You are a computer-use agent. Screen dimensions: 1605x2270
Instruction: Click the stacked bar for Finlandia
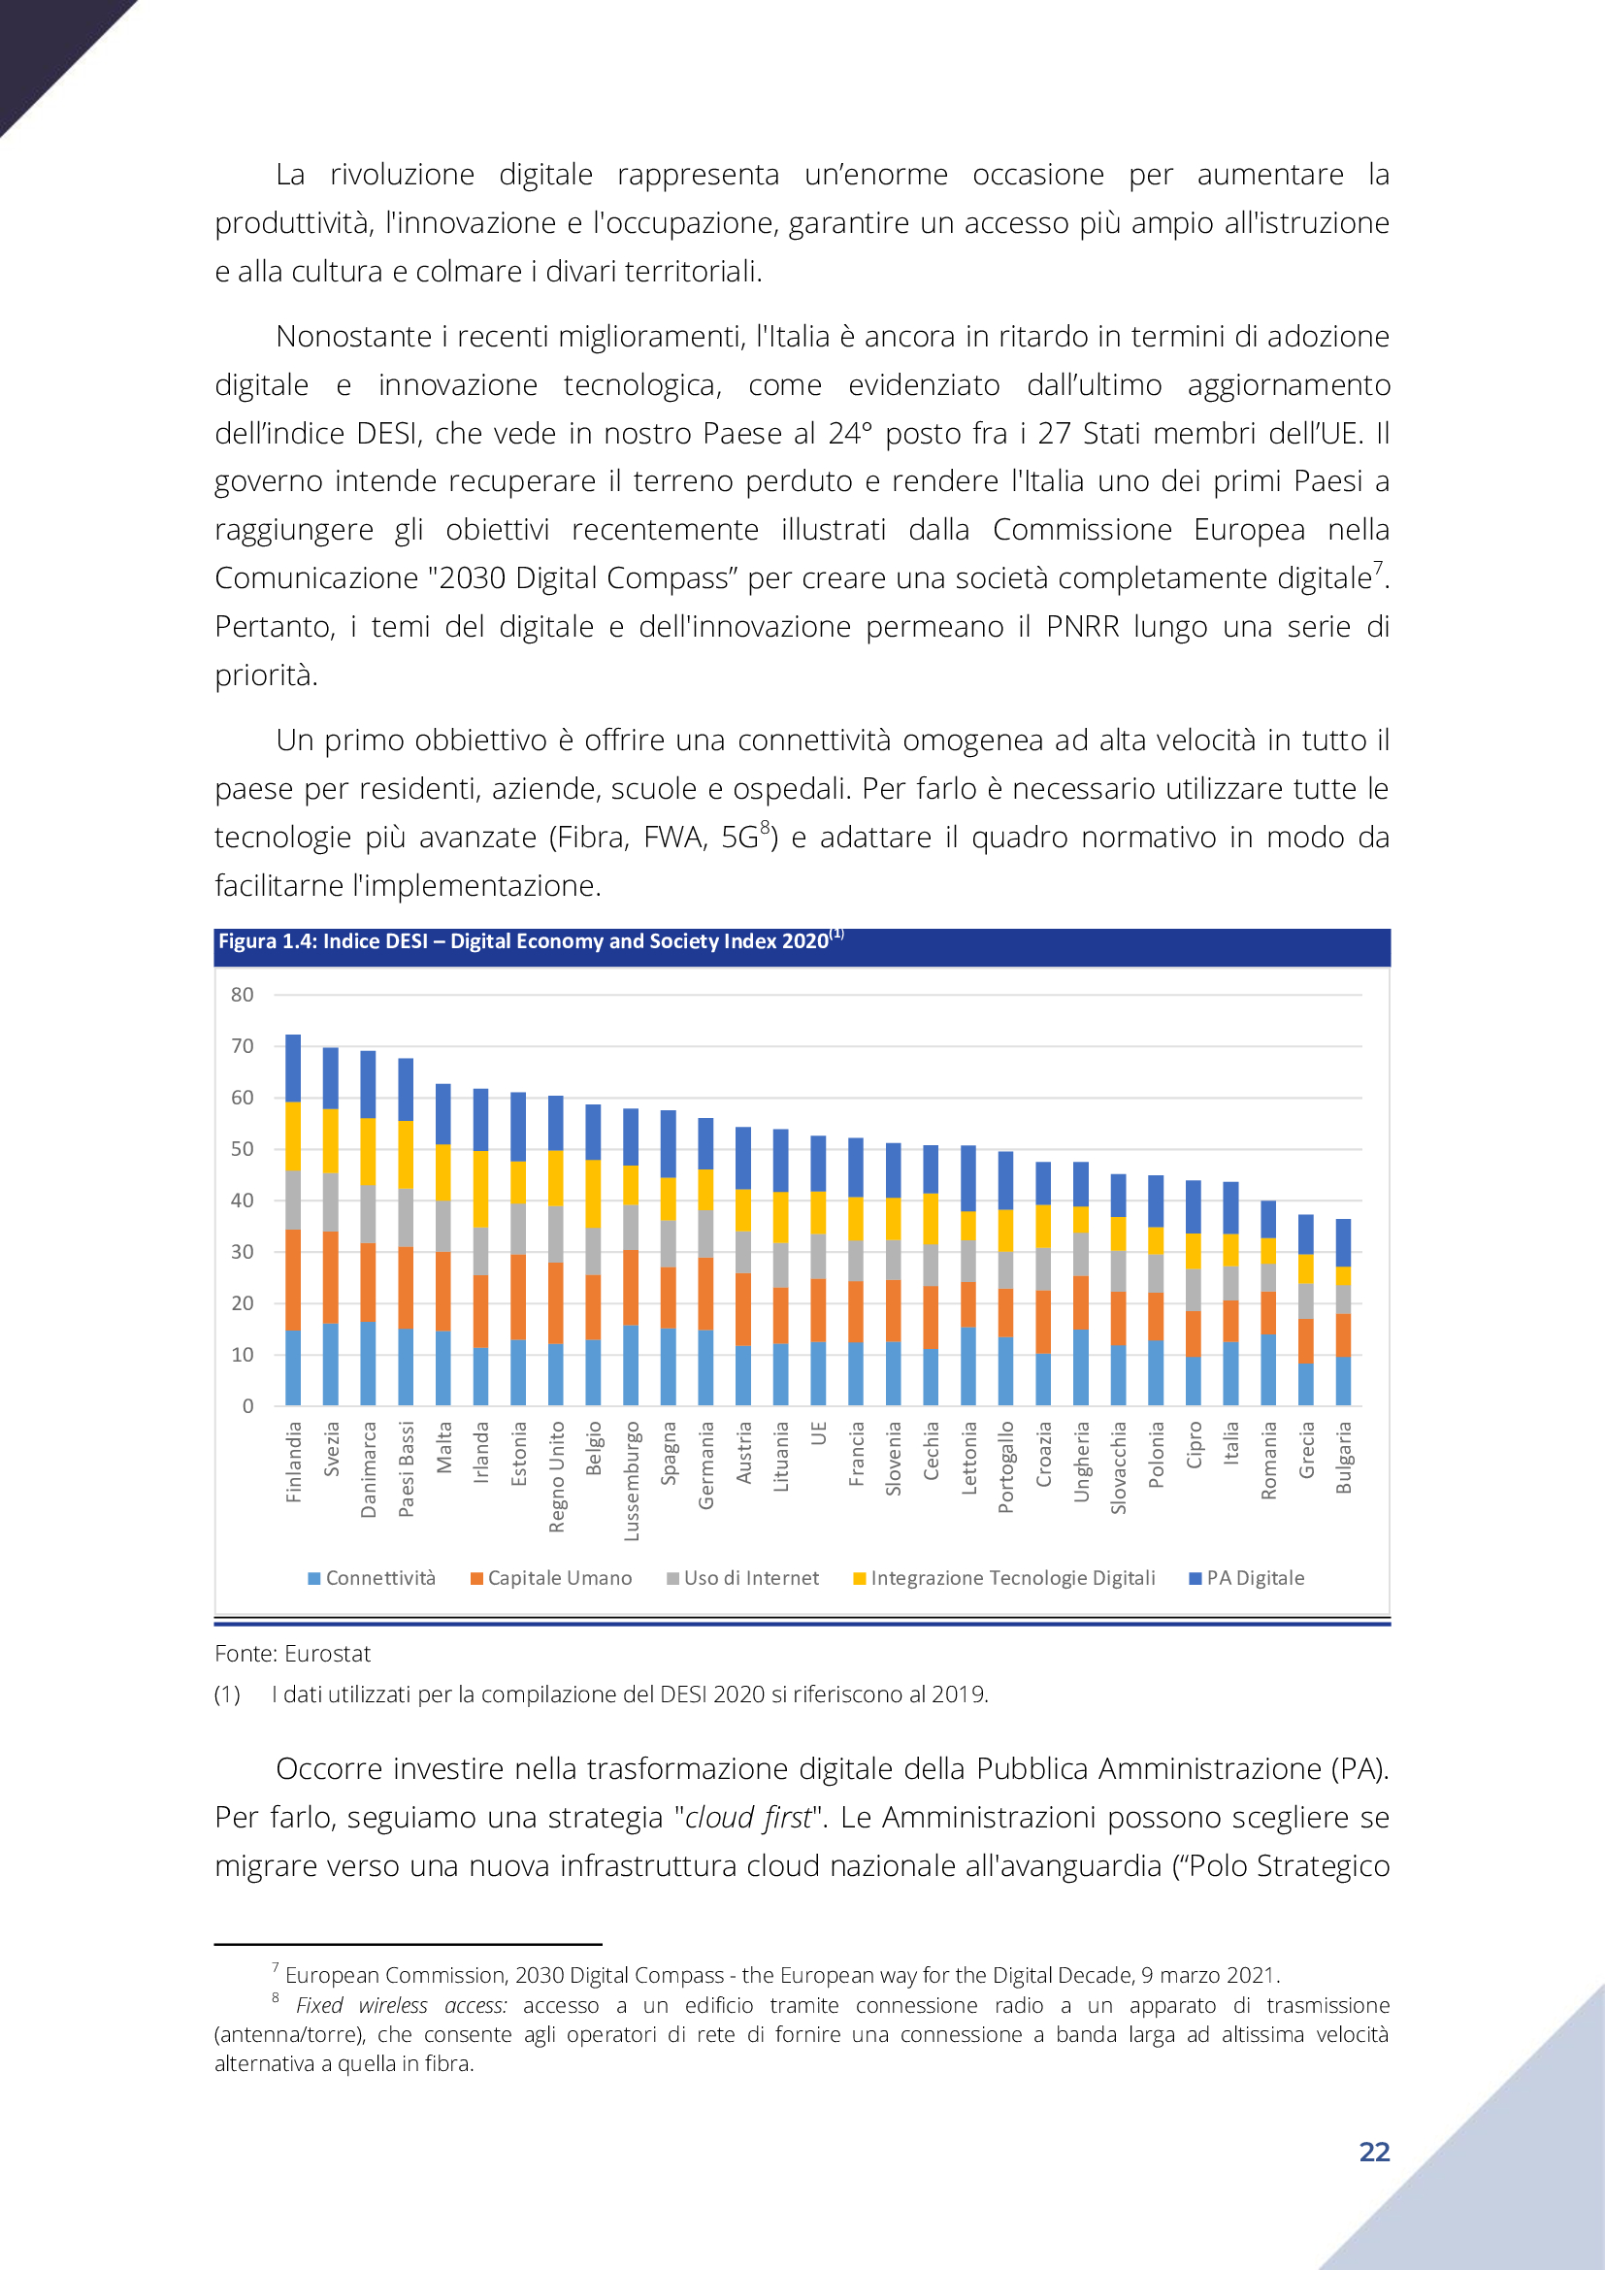pyautogui.click(x=292, y=1219)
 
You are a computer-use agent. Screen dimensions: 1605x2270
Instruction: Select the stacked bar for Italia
pyautogui.click(x=1230, y=1293)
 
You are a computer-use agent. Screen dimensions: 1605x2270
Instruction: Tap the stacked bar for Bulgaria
pyautogui.click(x=1343, y=1312)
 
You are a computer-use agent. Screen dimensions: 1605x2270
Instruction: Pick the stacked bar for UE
pyautogui.click(x=818, y=1270)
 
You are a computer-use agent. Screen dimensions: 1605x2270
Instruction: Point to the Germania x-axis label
pyautogui.click(x=705, y=1465)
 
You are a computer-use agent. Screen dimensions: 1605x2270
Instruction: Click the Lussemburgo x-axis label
pyautogui.click(x=632, y=1481)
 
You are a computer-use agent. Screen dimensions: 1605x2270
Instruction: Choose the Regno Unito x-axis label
pyautogui.click(x=556, y=1477)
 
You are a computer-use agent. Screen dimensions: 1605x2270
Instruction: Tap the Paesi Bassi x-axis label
pyautogui.click(x=407, y=1469)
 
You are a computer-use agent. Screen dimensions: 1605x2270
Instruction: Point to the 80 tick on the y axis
pyautogui.click(x=243, y=995)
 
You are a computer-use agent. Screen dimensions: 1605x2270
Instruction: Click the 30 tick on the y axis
pyautogui.click(x=243, y=1252)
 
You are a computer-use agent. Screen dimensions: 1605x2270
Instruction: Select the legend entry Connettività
pyautogui.click(x=372, y=1578)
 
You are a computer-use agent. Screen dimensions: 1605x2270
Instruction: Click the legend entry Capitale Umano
pyautogui.click(x=551, y=1578)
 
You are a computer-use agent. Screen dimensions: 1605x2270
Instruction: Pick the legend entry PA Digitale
pyautogui.click(x=1247, y=1578)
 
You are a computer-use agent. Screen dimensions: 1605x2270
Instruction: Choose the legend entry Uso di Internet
pyautogui.click(x=743, y=1578)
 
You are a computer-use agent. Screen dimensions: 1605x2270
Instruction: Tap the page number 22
pyautogui.click(x=1374, y=2152)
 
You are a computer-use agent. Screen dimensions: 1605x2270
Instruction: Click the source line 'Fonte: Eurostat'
pyautogui.click(x=292, y=1653)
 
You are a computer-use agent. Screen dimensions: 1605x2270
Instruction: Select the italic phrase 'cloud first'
pyautogui.click(x=748, y=1817)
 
